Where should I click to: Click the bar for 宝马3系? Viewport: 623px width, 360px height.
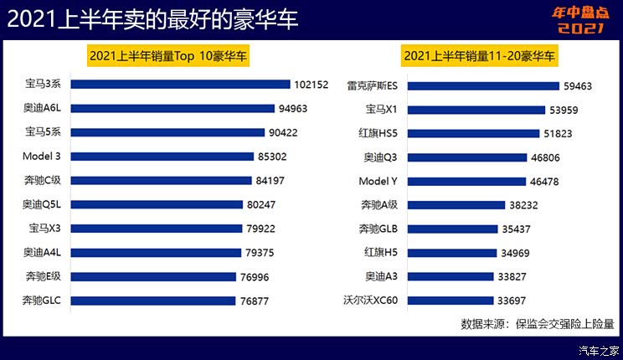pos(180,84)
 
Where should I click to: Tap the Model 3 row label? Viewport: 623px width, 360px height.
pos(45,156)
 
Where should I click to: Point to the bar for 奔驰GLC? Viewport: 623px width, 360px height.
pos(154,301)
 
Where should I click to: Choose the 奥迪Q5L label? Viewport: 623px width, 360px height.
pos(44,203)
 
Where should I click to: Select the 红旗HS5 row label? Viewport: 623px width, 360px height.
pos(379,132)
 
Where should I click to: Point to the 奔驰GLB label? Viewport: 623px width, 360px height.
pos(378,229)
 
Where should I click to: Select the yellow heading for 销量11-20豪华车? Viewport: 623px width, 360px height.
pos(481,56)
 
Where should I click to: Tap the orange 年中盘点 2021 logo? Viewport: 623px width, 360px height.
pos(578,18)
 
